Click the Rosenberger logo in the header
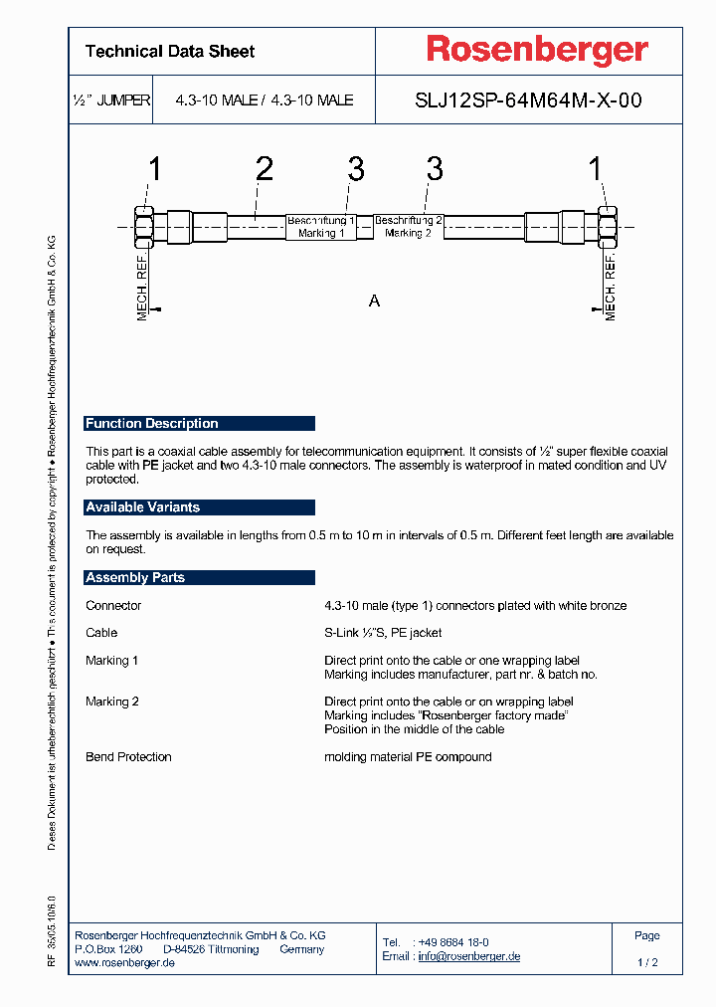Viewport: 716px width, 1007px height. coord(537,50)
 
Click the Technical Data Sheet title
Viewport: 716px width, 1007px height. coord(170,51)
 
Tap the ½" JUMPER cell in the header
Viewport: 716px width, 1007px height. coord(111,101)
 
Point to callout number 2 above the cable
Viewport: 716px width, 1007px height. coord(264,169)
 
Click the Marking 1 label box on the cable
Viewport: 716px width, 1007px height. coord(321,226)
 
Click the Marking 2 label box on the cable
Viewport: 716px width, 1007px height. coord(408,226)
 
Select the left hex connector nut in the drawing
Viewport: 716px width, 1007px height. coord(142,226)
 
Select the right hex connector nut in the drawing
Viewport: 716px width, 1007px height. coord(607,226)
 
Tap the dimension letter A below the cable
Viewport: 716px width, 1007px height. coord(374,301)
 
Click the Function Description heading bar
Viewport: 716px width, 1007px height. coord(199,423)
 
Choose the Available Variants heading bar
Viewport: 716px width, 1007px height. coord(199,507)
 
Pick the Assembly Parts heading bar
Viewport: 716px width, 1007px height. coord(199,577)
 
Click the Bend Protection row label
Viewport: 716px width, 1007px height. coord(128,757)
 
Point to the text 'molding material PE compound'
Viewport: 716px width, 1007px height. coord(408,757)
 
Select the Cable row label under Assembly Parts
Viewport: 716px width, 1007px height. coord(101,633)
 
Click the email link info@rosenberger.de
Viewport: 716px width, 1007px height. coord(468,956)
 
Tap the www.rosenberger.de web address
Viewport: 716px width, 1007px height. coord(125,963)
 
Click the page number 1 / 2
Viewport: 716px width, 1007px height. coord(647,963)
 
